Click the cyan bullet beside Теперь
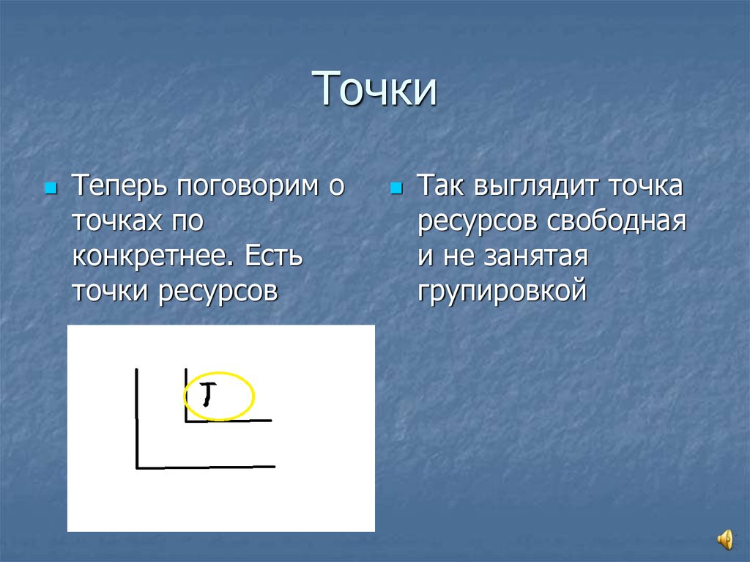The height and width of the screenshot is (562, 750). point(51,188)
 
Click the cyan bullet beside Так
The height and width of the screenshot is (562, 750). point(396,188)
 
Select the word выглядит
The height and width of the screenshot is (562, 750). point(538,186)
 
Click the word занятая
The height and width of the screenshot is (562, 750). point(535,257)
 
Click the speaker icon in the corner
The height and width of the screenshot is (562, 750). point(724,540)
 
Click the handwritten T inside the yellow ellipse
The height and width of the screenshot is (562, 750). point(208,394)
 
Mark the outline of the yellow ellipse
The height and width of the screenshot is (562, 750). point(253,396)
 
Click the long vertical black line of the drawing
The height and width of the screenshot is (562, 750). point(137,418)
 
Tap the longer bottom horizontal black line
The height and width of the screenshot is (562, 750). point(205,467)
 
